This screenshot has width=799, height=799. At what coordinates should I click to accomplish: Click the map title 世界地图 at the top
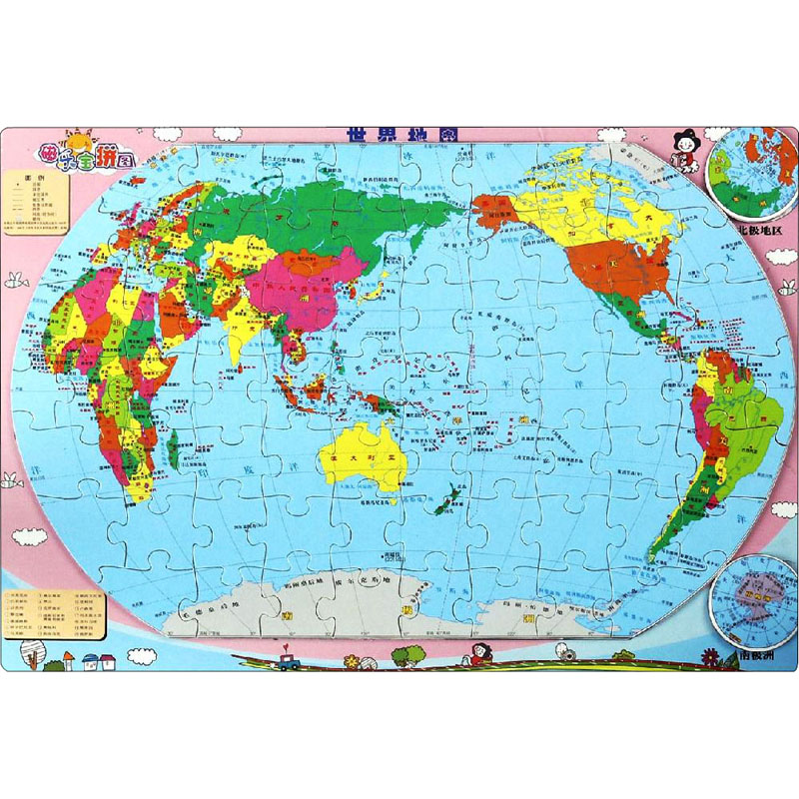point(399,134)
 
